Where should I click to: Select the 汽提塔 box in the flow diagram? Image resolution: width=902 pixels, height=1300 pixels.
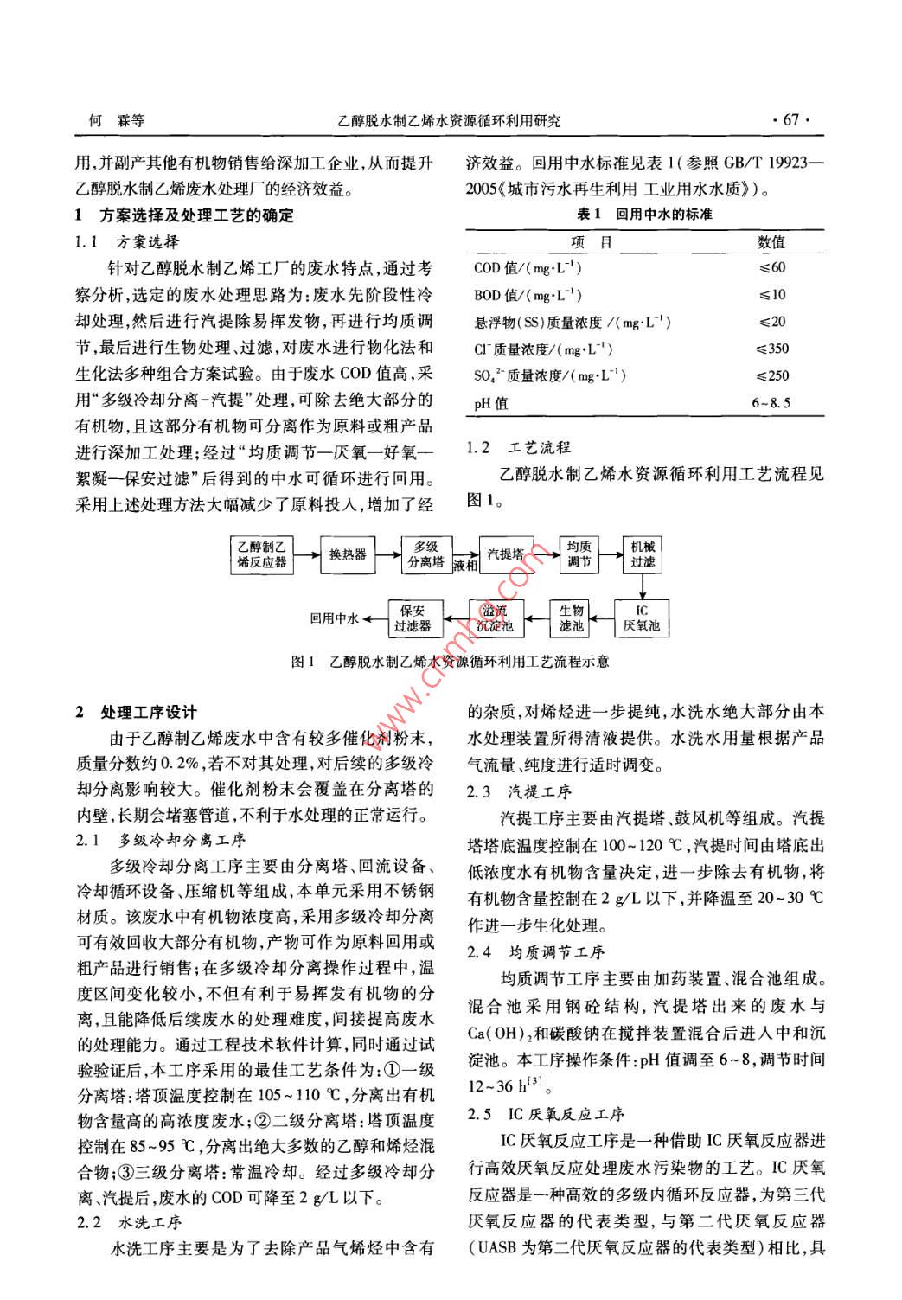(505, 554)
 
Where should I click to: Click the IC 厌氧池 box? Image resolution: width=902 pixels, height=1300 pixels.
(641, 618)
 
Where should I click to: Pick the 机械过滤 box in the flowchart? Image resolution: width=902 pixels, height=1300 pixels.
(643, 554)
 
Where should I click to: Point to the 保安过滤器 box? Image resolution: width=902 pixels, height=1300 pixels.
(413, 618)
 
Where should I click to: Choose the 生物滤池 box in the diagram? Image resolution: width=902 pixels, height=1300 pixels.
(572, 618)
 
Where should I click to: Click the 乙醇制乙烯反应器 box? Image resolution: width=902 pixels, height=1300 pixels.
(262, 554)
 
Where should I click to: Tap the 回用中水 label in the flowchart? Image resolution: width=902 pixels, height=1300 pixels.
(335, 618)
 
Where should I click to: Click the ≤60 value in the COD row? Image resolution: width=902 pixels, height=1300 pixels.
(771, 268)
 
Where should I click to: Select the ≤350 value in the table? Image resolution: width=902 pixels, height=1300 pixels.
(771, 349)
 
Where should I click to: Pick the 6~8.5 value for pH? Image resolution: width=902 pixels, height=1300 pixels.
(771, 402)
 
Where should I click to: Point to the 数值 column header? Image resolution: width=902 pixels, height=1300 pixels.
(771, 241)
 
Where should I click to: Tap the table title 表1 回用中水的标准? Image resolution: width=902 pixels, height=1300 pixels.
(644, 214)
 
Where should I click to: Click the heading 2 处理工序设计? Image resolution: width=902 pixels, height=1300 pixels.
(138, 712)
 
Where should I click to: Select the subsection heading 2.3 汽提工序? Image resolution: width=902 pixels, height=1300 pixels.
(520, 791)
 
